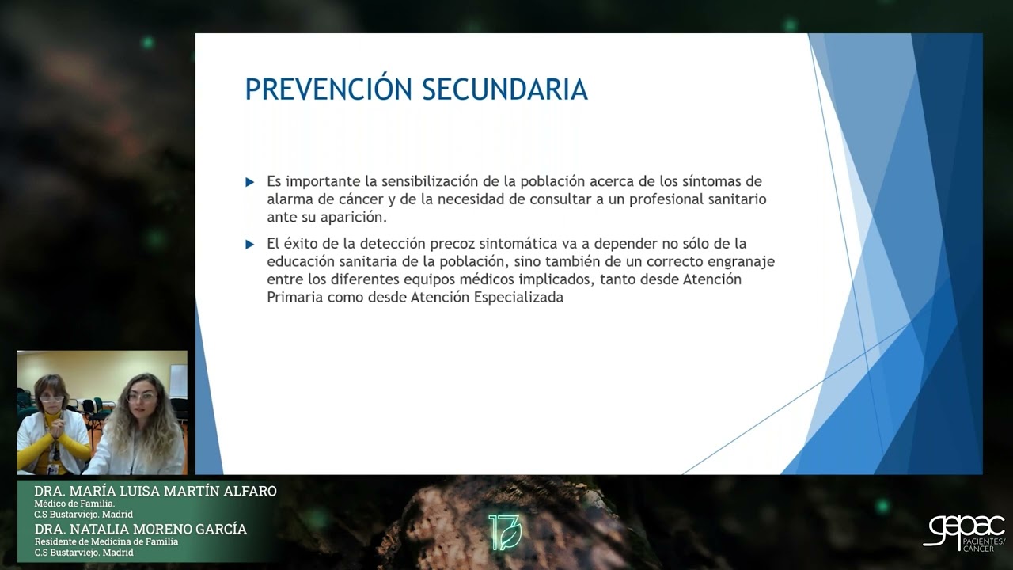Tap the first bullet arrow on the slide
click(250, 182)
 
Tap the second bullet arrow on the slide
click(250, 245)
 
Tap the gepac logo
click(964, 532)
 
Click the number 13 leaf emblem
click(504, 532)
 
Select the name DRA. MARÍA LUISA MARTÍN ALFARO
click(155, 492)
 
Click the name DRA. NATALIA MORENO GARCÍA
click(140, 529)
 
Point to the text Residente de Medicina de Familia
click(106, 541)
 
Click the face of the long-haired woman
click(143, 399)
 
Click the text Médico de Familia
click(74, 503)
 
